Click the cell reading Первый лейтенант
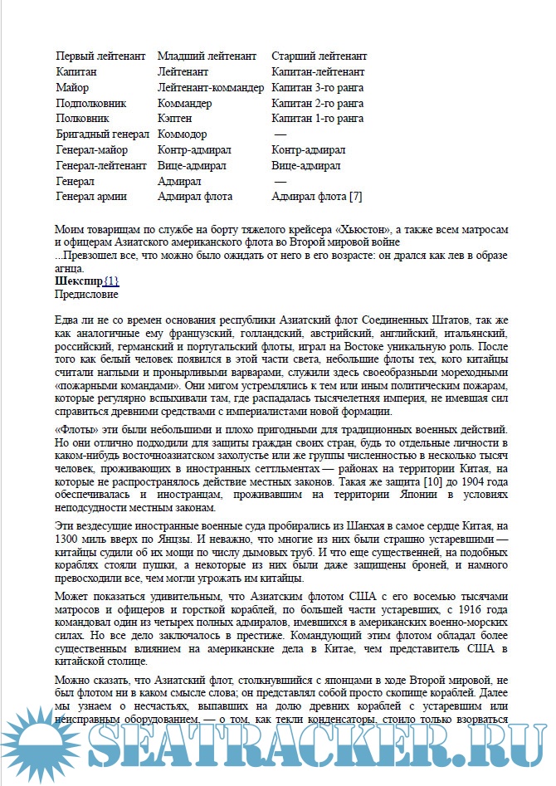tap(100, 56)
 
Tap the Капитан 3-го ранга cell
tap(317, 88)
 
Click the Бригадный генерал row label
tap(102, 134)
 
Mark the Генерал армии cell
tap(93, 198)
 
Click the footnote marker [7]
tap(355, 198)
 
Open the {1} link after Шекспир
tap(111, 281)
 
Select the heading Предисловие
tap(86, 294)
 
